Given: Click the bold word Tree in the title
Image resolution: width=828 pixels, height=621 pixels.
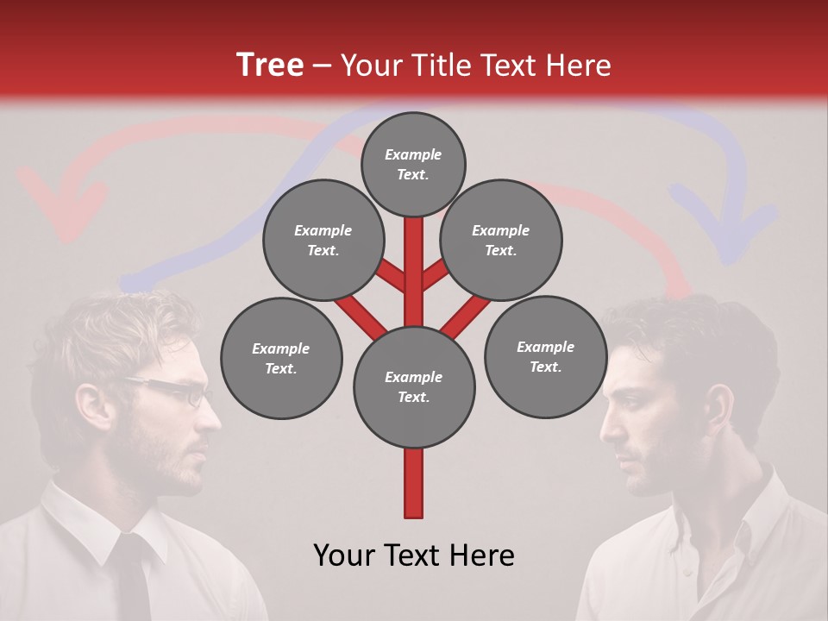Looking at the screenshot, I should coord(270,66).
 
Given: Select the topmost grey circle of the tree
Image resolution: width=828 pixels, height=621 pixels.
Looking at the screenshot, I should coord(413,164).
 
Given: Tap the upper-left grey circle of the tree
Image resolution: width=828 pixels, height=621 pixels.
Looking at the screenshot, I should coord(323,240).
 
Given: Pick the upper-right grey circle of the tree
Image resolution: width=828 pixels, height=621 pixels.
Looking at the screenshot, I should coord(501,240).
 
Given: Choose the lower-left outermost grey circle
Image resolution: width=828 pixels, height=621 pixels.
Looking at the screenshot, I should coord(281,358).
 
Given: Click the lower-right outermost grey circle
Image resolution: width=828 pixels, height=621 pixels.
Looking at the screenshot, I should coord(545,356).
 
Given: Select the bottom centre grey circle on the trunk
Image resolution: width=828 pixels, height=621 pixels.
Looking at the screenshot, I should coord(414,386).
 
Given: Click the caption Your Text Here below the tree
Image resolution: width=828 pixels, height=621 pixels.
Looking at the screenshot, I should coord(414,555).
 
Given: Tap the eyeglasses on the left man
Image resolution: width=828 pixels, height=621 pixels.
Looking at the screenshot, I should coord(177,391).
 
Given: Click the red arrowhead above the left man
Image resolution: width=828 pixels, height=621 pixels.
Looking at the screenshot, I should coord(62,207).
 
